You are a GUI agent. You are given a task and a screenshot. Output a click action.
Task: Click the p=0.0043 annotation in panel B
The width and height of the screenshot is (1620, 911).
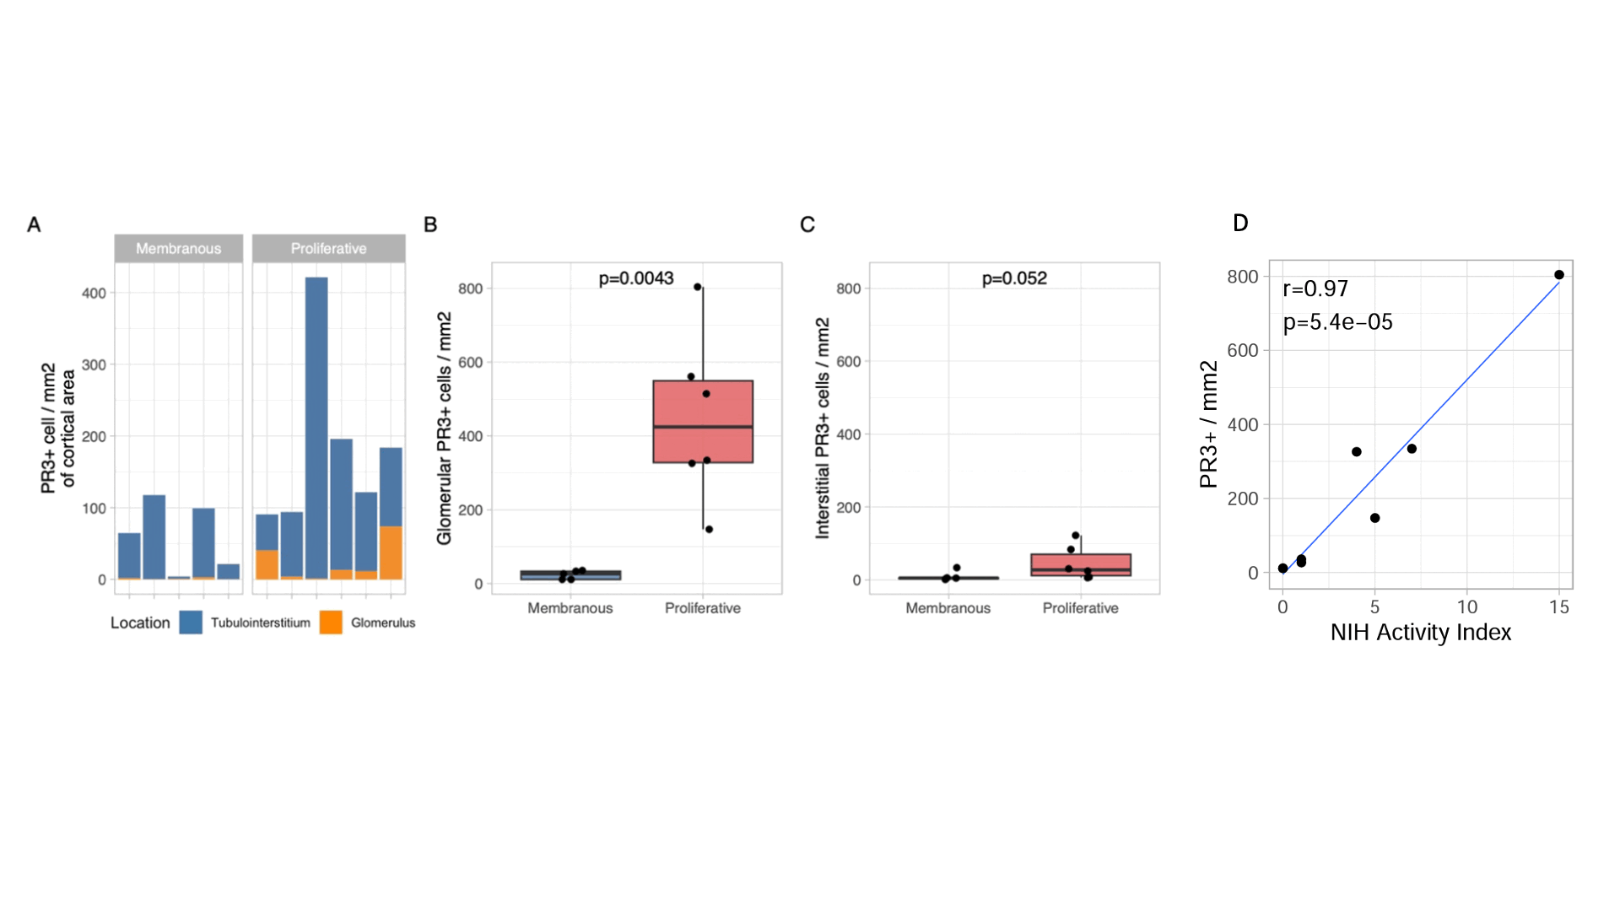[x=636, y=278]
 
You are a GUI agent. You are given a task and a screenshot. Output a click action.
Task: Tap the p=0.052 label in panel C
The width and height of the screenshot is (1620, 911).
[x=1014, y=278]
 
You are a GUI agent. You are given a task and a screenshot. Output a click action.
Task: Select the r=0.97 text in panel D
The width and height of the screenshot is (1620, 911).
[x=1315, y=288]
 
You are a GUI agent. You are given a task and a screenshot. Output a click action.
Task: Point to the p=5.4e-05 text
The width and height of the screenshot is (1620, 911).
[x=1337, y=322]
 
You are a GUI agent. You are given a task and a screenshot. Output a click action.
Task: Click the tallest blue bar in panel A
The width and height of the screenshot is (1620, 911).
[x=316, y=422]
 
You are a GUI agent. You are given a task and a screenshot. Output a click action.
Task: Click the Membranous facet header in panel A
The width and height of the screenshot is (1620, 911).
[x=179, y=249]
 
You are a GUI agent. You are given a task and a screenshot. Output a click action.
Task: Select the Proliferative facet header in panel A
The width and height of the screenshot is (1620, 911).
[x=328, y=249]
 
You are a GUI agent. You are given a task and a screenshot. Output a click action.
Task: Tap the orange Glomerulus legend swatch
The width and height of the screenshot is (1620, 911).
[x=331, y=623]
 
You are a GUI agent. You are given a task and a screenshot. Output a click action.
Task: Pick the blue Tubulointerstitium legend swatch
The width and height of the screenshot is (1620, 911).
[x=191, y=623]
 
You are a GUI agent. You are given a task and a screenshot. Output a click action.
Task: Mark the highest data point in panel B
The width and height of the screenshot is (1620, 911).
[x=698, y=287]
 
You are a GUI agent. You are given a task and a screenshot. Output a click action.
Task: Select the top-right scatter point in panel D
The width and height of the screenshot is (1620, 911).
[x=1559, y=275]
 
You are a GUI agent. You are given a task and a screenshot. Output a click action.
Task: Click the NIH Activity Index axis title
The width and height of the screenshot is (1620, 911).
[x=1421, y=633]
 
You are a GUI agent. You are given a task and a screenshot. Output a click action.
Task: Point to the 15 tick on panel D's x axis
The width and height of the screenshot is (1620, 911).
[x=1559, y=607]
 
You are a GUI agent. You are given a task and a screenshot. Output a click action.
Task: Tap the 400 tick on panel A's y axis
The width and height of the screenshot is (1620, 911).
[x=94, y=294]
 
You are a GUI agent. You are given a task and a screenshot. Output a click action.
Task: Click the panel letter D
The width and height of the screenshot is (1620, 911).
[x=1240, y=223]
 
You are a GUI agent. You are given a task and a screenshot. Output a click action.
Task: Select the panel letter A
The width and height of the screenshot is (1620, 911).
[x=34, y=224]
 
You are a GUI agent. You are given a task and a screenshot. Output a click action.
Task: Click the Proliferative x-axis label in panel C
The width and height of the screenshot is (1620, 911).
[x=1080, y=608]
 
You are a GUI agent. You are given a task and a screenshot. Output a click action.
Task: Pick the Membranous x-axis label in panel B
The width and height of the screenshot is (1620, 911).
[x=570, y=608]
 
